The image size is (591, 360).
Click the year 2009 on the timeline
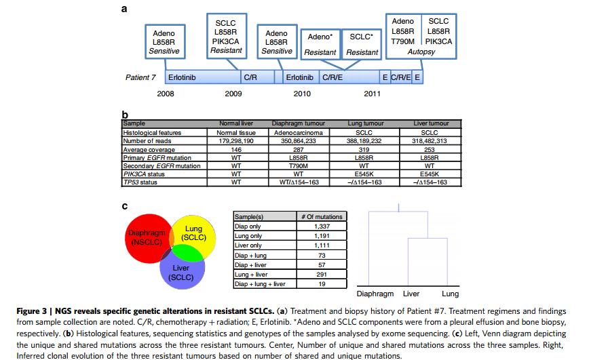coord(233,94)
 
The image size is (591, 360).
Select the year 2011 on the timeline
coord(372,94)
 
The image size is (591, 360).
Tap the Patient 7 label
coord(141,77)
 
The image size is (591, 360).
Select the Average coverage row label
coord(149,149)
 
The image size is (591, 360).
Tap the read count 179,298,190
coord(236,141)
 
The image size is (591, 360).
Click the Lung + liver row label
coord(251,275)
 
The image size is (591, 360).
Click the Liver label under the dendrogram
coord(411,294)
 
